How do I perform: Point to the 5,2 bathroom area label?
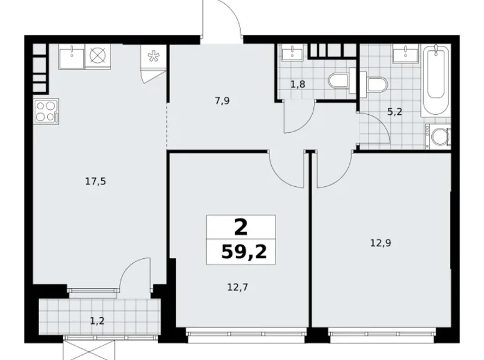pos(394,112)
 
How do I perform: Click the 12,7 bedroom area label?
pos(238,287)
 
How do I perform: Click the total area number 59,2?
pos(240,251)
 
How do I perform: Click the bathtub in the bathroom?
pos(436,81)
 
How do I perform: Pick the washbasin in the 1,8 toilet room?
pos(290,53)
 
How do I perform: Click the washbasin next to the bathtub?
pos(406,55)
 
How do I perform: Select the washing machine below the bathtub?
pos(437,136)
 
